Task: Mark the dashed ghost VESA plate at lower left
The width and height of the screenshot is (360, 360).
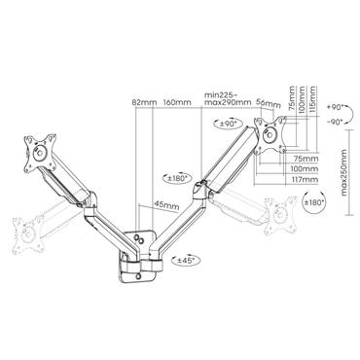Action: (26, 230)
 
